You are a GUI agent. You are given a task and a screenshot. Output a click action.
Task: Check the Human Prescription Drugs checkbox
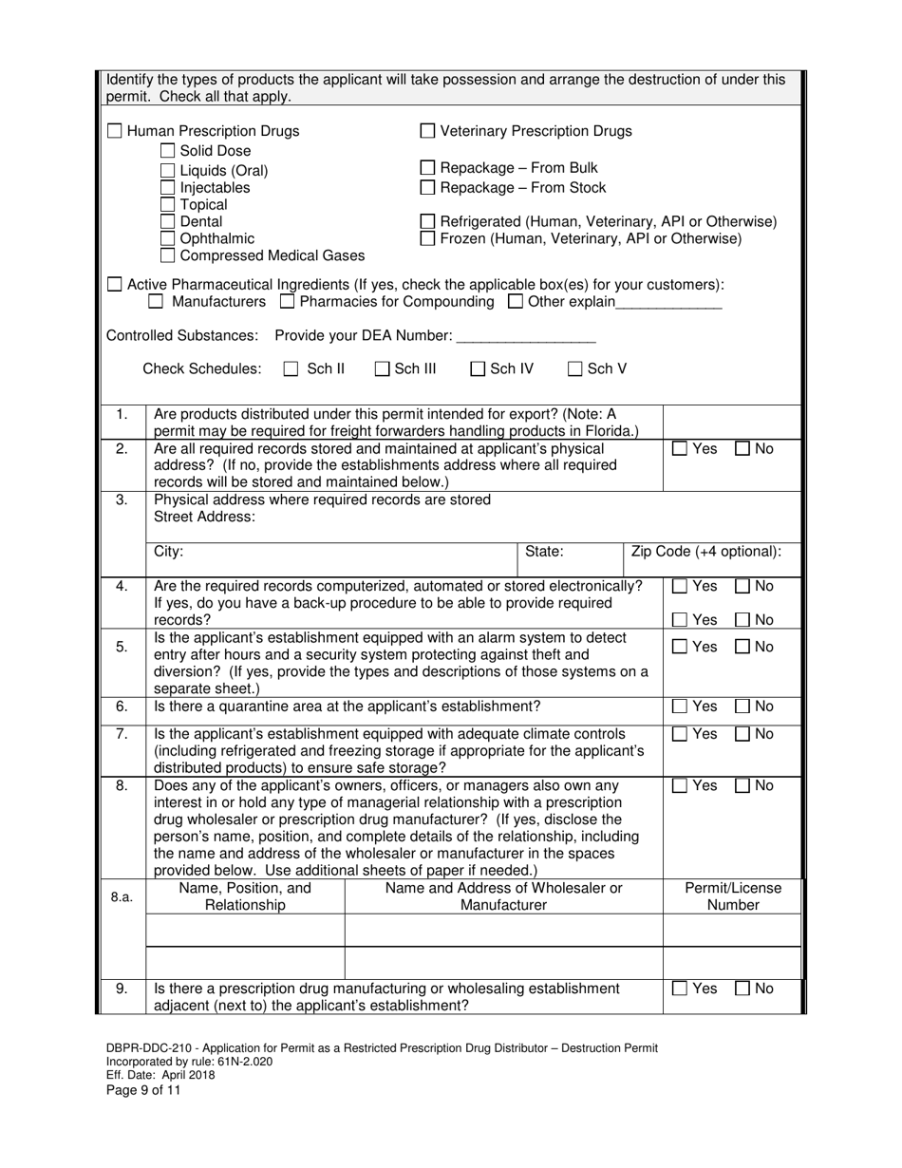[x=114, y=131]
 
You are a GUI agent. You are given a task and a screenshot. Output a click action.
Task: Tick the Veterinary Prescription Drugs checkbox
[x=427, y=131]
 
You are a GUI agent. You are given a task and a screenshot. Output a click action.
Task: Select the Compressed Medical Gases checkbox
[x=167, y=255]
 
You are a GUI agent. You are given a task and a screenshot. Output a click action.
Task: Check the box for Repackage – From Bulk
[x=427, y=168]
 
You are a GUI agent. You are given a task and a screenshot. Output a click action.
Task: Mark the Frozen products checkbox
[x=427, y=238]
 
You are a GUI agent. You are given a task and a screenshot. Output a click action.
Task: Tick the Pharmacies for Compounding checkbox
[x=288, y=302]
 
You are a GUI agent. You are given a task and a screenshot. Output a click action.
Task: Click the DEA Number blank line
[x=525, y=336]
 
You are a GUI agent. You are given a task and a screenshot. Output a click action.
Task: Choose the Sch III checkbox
[x=382, y=369]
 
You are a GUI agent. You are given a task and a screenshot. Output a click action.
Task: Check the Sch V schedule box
[x=575, y=369]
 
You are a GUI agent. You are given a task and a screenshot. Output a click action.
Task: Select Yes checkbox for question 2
[x=680, y=449]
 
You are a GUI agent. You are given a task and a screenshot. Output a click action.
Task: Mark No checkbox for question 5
[x=743, y=648]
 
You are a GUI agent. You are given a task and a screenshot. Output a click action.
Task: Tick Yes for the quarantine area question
[x=680, y=706]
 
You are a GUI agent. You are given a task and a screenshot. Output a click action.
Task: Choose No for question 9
[x=743, y=989]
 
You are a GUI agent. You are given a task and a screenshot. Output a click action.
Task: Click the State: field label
[x=544, y=552]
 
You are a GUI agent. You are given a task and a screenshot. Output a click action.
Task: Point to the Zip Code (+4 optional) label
[x=706, y=552]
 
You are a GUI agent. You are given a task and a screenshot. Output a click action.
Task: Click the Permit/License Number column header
[x=733, y=896]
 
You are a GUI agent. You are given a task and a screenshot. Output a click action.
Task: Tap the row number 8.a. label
[x=122, y=896]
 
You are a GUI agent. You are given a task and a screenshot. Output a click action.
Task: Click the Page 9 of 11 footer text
[x=143, y=1090]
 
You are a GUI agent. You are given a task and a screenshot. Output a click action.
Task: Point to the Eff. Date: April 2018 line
[x=160, y=1075]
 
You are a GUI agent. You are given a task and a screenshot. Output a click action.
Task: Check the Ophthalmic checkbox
[x=167, y=238]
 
